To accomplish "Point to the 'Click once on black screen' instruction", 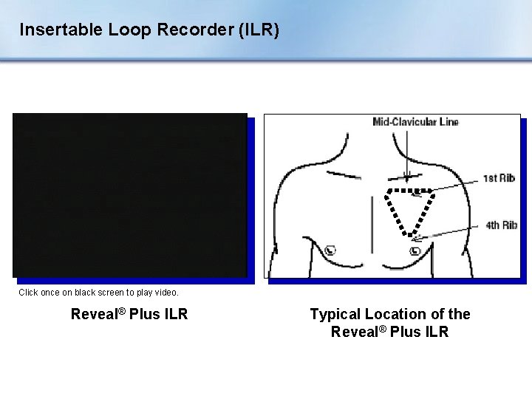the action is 98,293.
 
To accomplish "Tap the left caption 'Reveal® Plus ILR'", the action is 129,315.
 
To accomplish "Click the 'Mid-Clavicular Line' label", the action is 415,123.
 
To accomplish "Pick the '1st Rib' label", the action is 499,178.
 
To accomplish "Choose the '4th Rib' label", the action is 501,225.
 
